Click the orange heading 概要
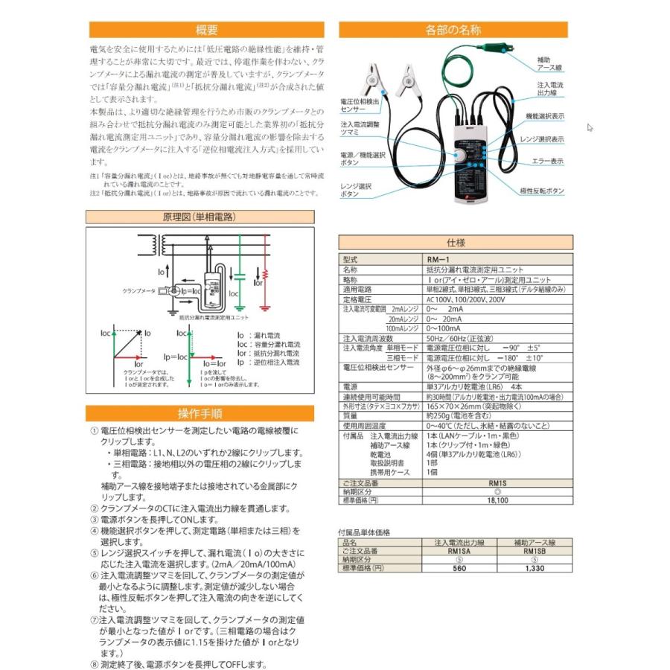coord(206,31)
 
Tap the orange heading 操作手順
coord(200,414)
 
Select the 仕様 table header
coord(456,243)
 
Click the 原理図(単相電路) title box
coord(199,217)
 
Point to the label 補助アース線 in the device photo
coord(549,63)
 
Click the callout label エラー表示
coord(547,161)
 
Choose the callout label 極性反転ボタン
coord(543,191)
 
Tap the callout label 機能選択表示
coord(545,117)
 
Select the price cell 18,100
coord(497,501)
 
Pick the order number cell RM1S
coord(497,482)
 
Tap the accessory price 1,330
coord(535,568)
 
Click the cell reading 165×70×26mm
coord(462,406)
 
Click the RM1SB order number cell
coord(535,552)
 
